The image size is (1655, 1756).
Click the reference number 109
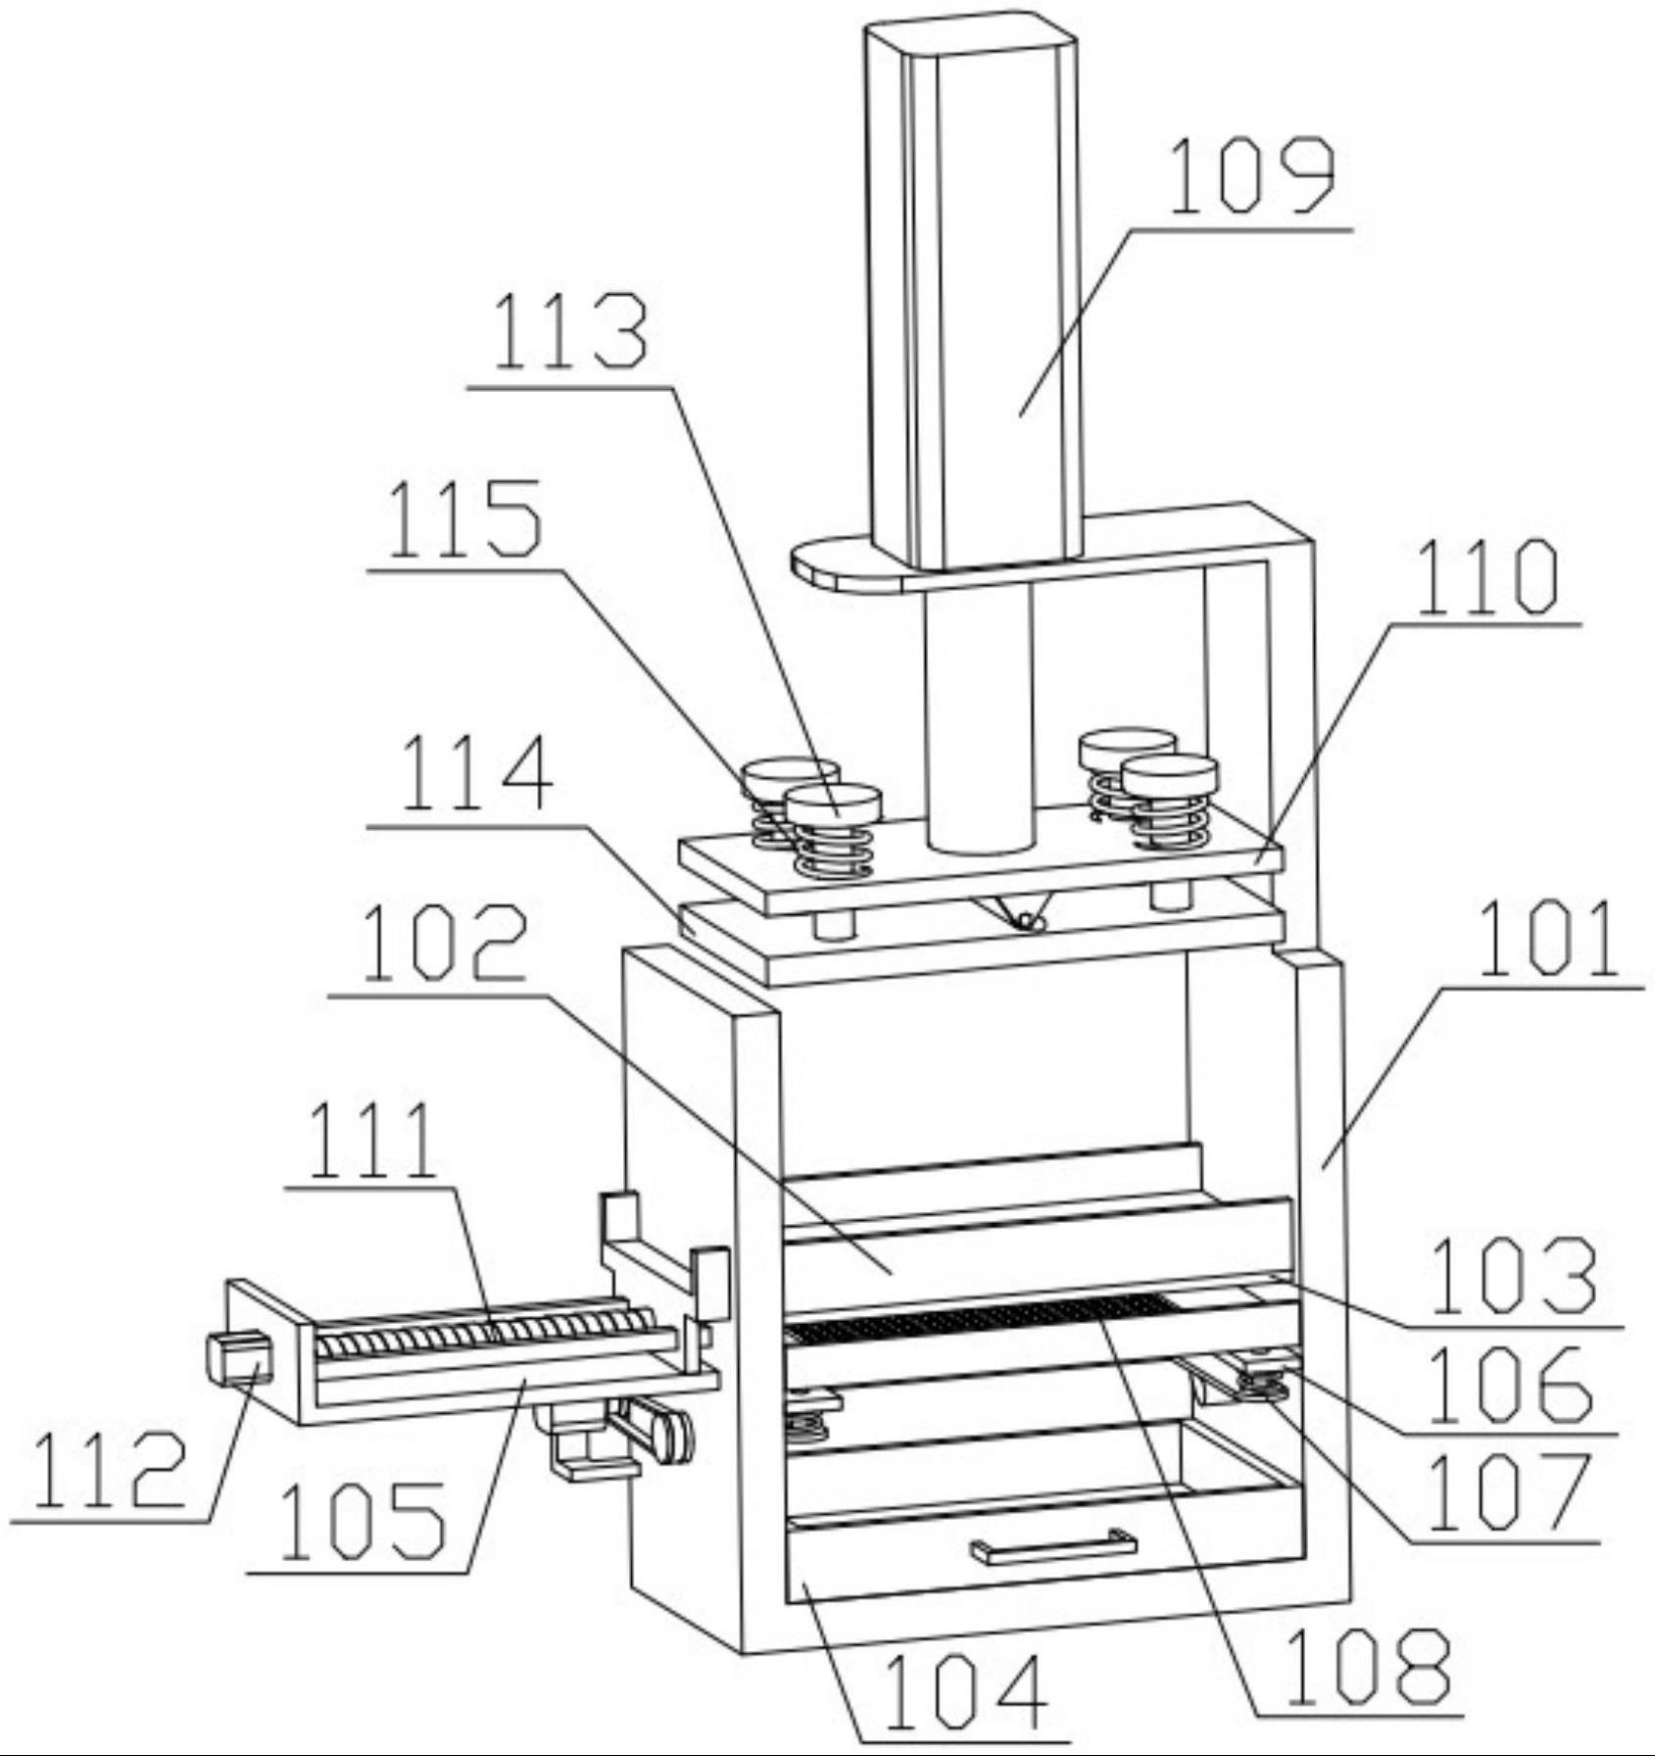[x=1251, y=176]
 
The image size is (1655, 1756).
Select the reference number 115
[x=464, y=518]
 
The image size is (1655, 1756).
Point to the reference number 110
[x=1486, y=578]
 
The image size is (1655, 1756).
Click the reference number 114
[x=476, y=773]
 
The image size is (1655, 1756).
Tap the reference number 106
[x=1509, y=1384]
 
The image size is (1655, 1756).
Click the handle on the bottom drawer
[x=1053, y=1547]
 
